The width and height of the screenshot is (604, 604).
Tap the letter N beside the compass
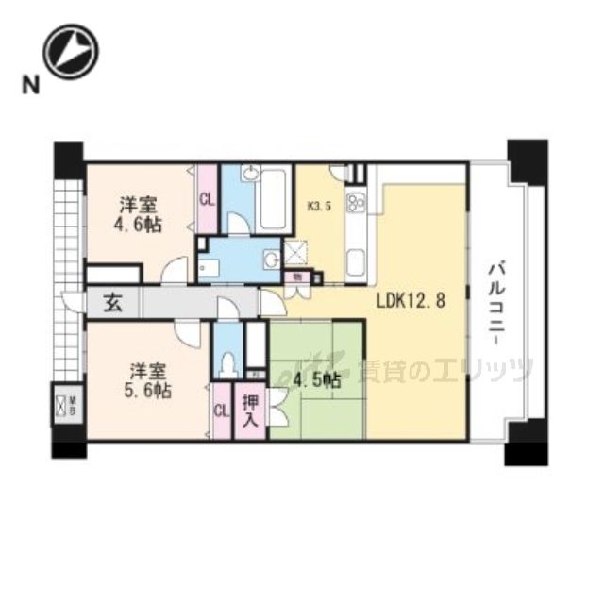click(31, 86)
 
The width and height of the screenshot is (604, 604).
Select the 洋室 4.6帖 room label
click(138, 214)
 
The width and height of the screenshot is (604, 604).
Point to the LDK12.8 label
click(410, 303)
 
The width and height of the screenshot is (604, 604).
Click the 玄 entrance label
click(112, 304)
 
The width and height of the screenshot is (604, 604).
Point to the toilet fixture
click(226, 361)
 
